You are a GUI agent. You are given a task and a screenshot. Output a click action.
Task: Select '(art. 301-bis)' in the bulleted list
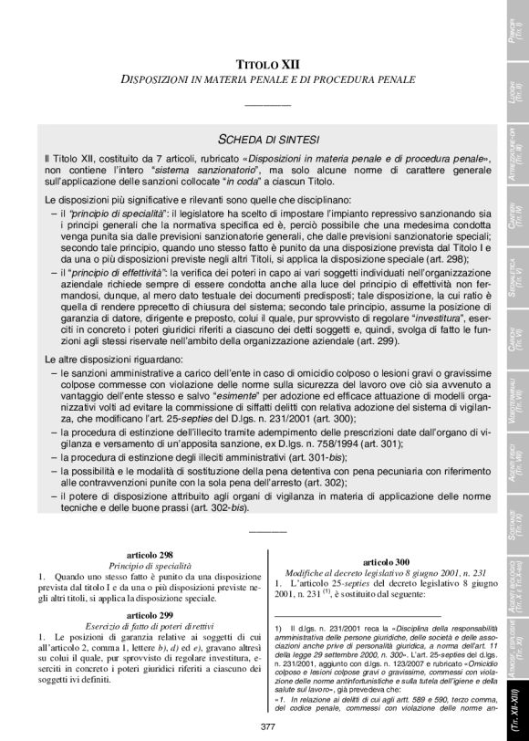(320, 454)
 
